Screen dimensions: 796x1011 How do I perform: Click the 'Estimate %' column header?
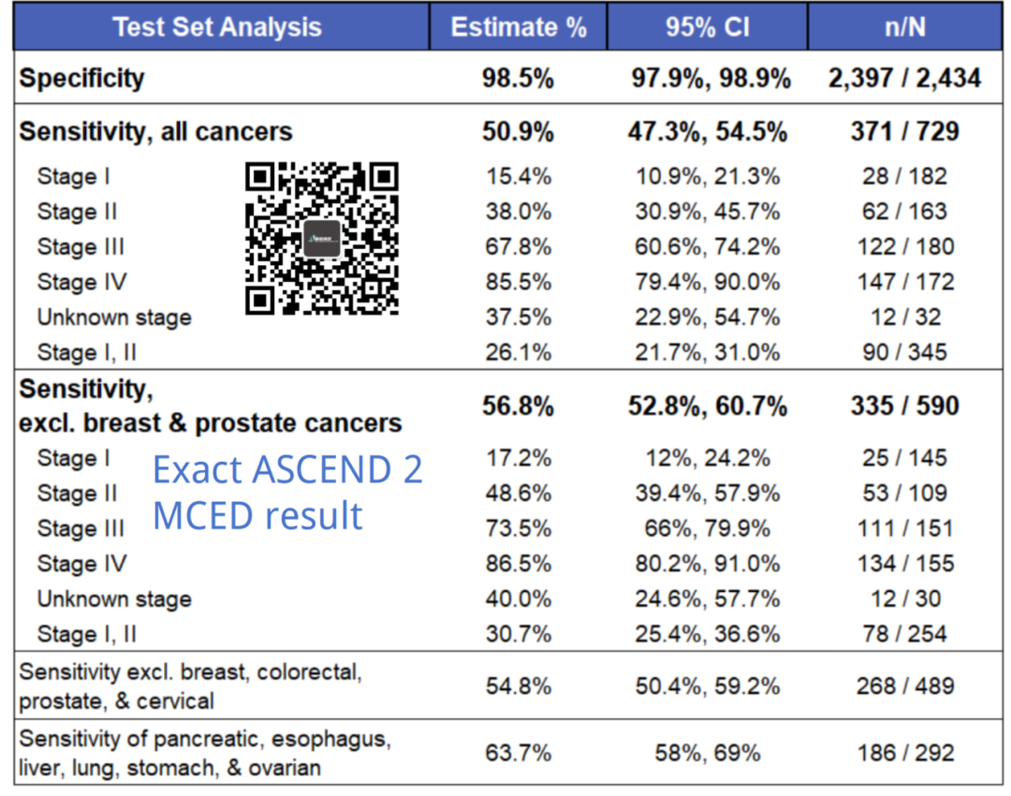(x=519, y=26)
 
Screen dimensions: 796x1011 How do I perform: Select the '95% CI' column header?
(x=707, y=26)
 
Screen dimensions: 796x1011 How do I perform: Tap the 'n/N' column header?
(x=904, y=26)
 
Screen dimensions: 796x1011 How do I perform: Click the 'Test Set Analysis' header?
(x=217, y=26)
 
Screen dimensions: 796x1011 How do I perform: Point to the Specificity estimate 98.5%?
(x=519, y=78)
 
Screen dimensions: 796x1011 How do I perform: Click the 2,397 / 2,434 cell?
(x=904, y=78)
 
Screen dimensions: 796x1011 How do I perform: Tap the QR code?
(x=322, y=238)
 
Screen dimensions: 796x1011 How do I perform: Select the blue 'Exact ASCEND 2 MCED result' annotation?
(x=287, y=493)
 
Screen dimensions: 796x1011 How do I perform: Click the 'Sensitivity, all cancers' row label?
(x=155, y=132)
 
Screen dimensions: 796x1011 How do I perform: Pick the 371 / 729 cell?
(x=904, y=132)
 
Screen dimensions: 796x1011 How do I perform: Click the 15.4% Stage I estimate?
(x=519, y=176)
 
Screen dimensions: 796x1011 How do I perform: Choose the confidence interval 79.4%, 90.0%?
(x=707, y=282)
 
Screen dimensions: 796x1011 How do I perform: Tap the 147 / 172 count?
(x=904, y=282)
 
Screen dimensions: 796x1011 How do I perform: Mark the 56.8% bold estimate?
(x=519, y=406)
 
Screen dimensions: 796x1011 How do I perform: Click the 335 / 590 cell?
(x=904, y=406)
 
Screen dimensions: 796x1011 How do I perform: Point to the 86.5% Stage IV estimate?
(x=519, y=564)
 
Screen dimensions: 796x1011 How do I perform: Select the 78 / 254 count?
(x=904, y=634)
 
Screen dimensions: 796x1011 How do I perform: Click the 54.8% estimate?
(x=519, y=686)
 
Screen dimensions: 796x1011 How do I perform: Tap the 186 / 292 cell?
(x=904, y=753)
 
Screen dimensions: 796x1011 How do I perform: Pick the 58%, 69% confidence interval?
(x=707, y=753)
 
